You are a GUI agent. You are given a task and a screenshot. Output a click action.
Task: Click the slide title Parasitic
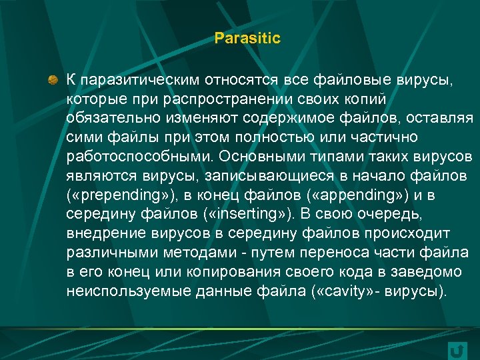(247, 39)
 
